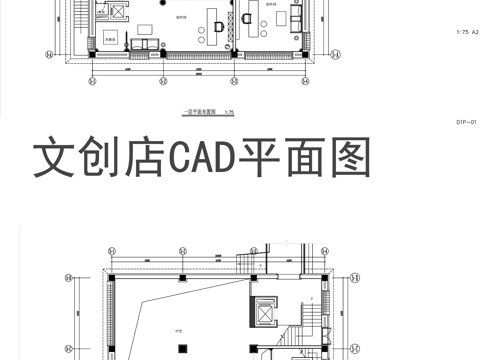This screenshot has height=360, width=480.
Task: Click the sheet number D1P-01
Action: point(467,122)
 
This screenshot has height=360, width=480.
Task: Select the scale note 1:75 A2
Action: point(466,33)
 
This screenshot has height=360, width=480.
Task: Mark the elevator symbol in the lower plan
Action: point(264,312)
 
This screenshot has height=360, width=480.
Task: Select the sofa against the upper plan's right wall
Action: point(297,21)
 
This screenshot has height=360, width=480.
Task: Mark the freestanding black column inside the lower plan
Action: point(182,276)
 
